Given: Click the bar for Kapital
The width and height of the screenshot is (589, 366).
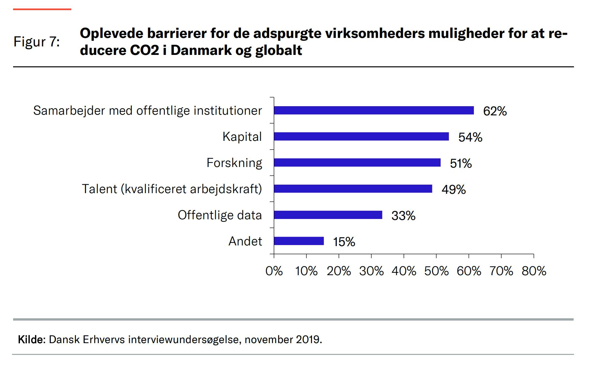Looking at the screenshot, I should point(361,137).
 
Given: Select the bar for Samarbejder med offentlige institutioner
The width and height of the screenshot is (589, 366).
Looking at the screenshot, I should point(373,110).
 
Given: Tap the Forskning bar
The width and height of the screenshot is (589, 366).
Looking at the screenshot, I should point(357,163).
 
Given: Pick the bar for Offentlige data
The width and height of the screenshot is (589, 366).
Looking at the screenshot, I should point(328,215).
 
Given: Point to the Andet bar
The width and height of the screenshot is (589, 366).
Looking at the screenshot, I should point(299,241).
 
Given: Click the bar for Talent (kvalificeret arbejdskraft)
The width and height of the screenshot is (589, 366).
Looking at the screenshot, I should point(353,189).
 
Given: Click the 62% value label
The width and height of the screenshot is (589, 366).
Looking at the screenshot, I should point(495,111).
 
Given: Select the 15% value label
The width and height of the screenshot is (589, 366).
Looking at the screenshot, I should point(344,242).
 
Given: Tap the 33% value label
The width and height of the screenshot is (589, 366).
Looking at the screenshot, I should point(403,216).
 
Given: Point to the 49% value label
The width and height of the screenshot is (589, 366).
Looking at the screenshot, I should point(454,190).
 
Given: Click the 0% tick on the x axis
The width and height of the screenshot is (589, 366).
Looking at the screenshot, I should point(274,271).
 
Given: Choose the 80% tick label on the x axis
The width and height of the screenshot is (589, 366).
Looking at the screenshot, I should point(534,271).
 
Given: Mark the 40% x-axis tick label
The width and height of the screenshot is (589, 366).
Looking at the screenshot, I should point(404,271).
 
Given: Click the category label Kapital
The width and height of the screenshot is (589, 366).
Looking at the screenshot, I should point(242,137).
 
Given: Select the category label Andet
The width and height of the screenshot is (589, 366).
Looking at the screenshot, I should point(245,241).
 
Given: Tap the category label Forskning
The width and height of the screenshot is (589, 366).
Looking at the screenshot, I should point(234,163).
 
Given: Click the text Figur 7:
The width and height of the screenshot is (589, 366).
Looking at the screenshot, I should point(37,42).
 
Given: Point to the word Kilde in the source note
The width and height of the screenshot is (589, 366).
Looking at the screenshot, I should point(31,340).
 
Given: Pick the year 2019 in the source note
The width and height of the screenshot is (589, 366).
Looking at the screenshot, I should point(308,340).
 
